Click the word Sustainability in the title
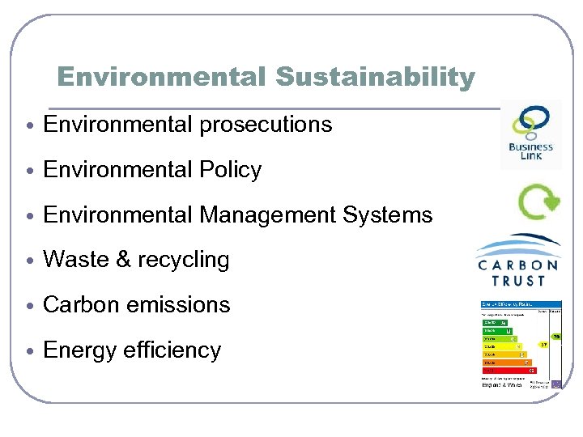(x=375, y=77)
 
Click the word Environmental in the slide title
(x=161, y=77)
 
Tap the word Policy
(x=234, y=170)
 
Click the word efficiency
(x=172, y=350)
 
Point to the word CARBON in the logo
(x=518, y=265)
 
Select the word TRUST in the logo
(x=518, y=281)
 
